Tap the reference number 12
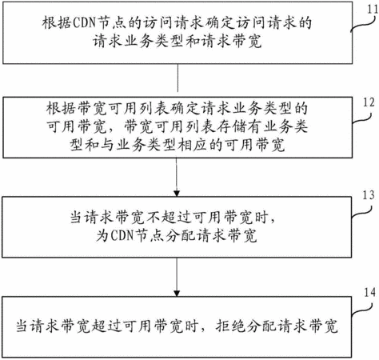(369, 102)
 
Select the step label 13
(369, 195)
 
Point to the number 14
(370, 293)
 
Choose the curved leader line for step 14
(361, 310)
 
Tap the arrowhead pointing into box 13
(177, 193)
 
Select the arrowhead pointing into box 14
(177, 293)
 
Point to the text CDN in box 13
(122, 235)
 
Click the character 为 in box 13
(102, 235)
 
